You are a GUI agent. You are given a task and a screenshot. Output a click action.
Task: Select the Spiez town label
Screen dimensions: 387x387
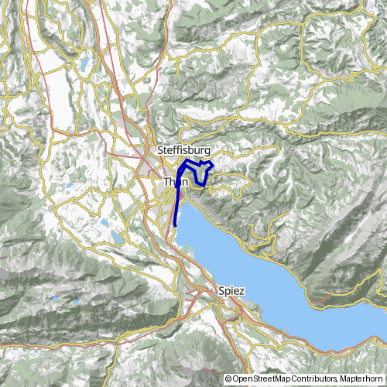pyautogui.click(x=231, y=291)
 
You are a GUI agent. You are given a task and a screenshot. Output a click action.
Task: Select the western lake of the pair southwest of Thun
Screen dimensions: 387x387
pyautogui.click(x=104, y=224)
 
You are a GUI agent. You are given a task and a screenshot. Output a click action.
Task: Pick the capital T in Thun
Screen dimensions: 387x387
pyautogui.click(x=166, y=183)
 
